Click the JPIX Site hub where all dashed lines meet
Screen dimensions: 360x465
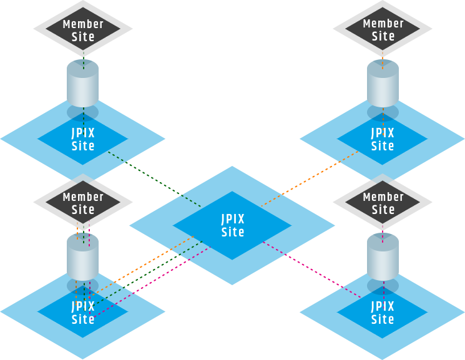[232, 225]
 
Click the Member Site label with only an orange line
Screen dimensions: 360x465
[383, 30]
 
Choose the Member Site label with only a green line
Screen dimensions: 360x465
[83, 30]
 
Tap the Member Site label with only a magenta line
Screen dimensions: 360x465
[383, 203]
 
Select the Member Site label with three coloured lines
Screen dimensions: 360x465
[83, 203]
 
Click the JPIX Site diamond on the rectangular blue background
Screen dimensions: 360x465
[383, 312]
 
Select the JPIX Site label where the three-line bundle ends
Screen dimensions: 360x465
[83, 313]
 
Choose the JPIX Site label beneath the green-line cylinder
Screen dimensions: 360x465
[83, 139]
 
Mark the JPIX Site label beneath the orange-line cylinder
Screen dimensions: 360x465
[383, 139]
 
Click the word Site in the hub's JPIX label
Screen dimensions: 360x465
[233, 233]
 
